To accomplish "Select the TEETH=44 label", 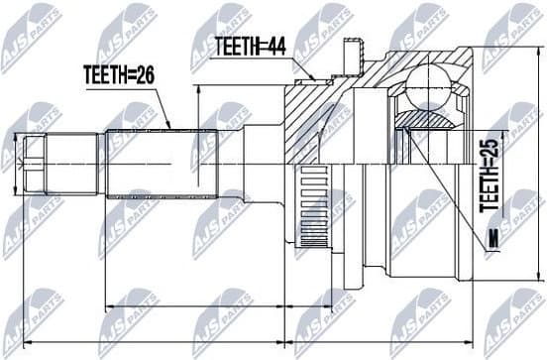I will click(x=252, y=45).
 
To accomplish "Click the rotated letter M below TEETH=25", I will click(x=489, y=235).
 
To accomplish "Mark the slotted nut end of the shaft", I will click(x=36, y=164).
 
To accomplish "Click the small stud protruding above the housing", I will click(x=348, y=52).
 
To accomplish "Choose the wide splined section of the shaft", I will click(x=159, y=164).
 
